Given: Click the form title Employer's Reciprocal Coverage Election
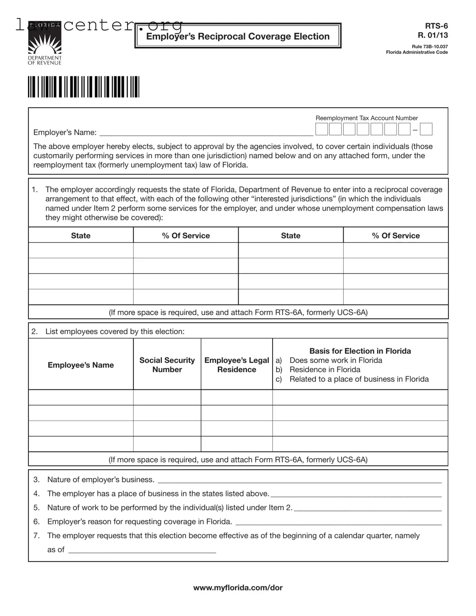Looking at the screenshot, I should point(238,36).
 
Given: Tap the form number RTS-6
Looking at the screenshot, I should point(436,26).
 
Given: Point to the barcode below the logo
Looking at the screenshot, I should point(84,87).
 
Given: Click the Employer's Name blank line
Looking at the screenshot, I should point(206,133).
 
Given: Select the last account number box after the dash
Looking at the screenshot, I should point(426,130).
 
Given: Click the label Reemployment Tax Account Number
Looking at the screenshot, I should point(366,118).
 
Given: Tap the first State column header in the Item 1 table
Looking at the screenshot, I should point(81,235).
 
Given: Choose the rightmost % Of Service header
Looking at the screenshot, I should point(396,235).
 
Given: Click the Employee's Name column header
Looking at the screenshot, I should point(81,365).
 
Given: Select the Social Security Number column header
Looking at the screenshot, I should point(167,365).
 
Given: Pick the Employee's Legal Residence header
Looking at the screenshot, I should point(237,365).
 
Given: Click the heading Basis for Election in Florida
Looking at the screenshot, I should point(360,351).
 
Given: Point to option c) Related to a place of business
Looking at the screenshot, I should point(358,379).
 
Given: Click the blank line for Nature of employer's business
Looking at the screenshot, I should point(300,480).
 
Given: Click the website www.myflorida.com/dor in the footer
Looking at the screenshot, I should point(238,588).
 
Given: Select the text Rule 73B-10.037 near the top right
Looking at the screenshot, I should point(430,47).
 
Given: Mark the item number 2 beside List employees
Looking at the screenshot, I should point(34,331).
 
